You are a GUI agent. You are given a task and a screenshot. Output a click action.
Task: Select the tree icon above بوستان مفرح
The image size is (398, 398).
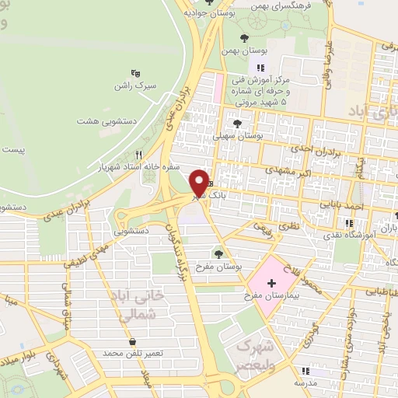click(x=219, y=253)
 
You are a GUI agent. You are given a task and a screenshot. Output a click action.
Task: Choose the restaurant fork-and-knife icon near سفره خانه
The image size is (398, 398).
click(x=139, y=154)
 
